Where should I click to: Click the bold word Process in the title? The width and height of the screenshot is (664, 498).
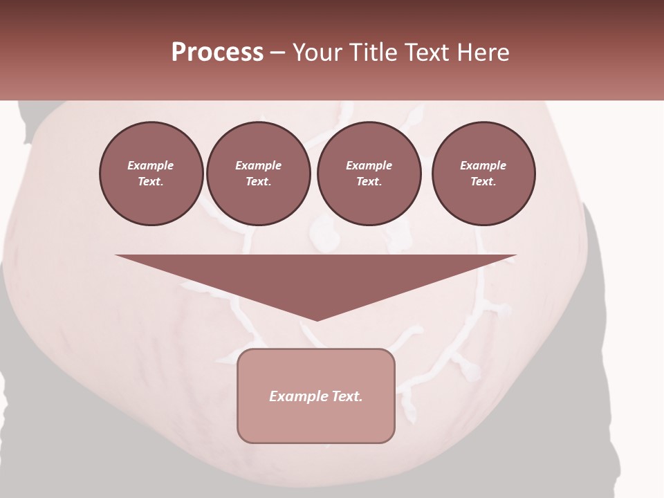point(217,53)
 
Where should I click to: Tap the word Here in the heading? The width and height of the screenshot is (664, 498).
point(481,53)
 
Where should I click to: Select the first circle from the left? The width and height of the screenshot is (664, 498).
point(151,174)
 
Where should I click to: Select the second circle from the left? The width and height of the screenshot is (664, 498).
point(258,174)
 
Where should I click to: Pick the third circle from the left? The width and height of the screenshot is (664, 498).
point(369,174)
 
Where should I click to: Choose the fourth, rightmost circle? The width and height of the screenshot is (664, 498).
point(483,174)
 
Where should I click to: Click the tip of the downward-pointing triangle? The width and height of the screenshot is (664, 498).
point(317,319)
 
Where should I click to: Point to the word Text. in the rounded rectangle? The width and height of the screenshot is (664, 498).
point(345,396)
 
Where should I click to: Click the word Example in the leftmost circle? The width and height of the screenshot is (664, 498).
point(151,165)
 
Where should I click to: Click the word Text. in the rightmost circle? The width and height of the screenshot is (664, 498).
point(483,182)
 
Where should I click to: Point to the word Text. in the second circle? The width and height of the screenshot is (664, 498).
point(258,182)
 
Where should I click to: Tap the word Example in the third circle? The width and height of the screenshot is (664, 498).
point(369,165)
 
